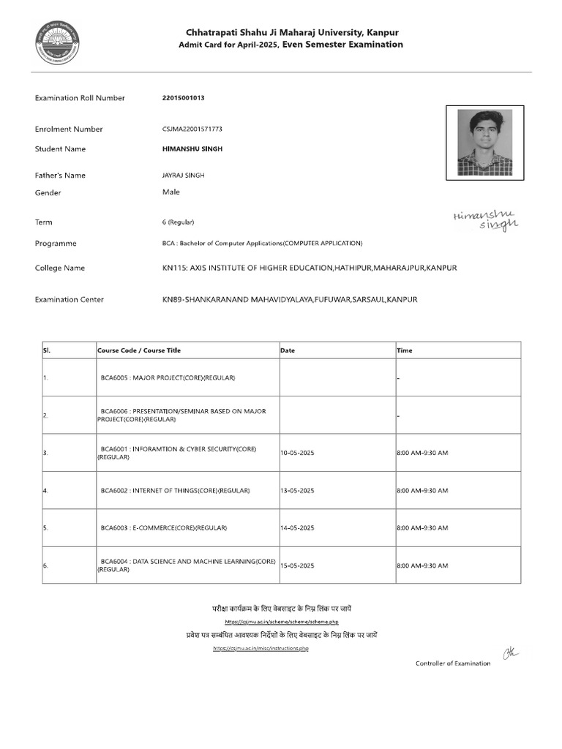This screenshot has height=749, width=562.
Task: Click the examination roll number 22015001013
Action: pos(184,98)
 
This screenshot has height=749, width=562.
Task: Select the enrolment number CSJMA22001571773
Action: pos(192,129)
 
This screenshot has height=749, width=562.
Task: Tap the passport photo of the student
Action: pos(484,142)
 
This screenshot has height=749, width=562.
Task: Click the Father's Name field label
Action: pos(60,176)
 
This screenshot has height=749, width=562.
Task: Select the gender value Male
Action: pos(171,192)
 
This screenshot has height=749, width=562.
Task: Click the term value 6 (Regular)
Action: pos(179,222)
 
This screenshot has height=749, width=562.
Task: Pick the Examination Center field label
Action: pos(70,299)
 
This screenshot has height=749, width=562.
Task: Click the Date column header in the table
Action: pos(288,350)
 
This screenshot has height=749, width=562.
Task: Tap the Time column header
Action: pos(405,350)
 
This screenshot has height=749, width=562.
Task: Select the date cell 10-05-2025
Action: pos(297,453)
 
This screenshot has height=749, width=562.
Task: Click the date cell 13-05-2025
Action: pos(297,490)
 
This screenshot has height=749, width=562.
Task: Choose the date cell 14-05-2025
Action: pos(297,527)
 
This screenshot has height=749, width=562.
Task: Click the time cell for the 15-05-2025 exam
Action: pos(422,565)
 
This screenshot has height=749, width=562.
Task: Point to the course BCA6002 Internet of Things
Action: pos(176,490)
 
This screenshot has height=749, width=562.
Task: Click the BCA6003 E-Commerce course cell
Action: pos(164,527)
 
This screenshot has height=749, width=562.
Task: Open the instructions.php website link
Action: pos(261,649)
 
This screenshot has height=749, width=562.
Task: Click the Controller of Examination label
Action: pos(453,663)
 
